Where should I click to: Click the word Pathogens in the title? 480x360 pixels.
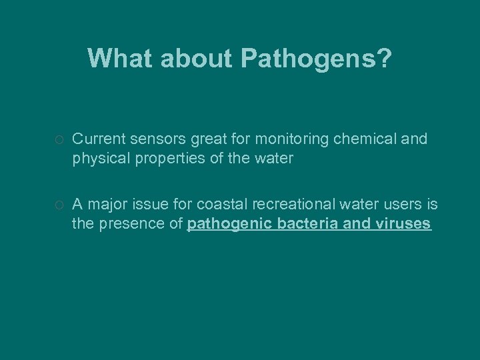[316, 59]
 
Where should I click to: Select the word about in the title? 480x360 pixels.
[195, 58]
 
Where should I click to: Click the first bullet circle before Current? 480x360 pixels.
[59, 140]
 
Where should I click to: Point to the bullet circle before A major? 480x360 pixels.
[59, 205]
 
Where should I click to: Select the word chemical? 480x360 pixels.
[367, 139]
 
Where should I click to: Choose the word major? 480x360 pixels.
[105, 204]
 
